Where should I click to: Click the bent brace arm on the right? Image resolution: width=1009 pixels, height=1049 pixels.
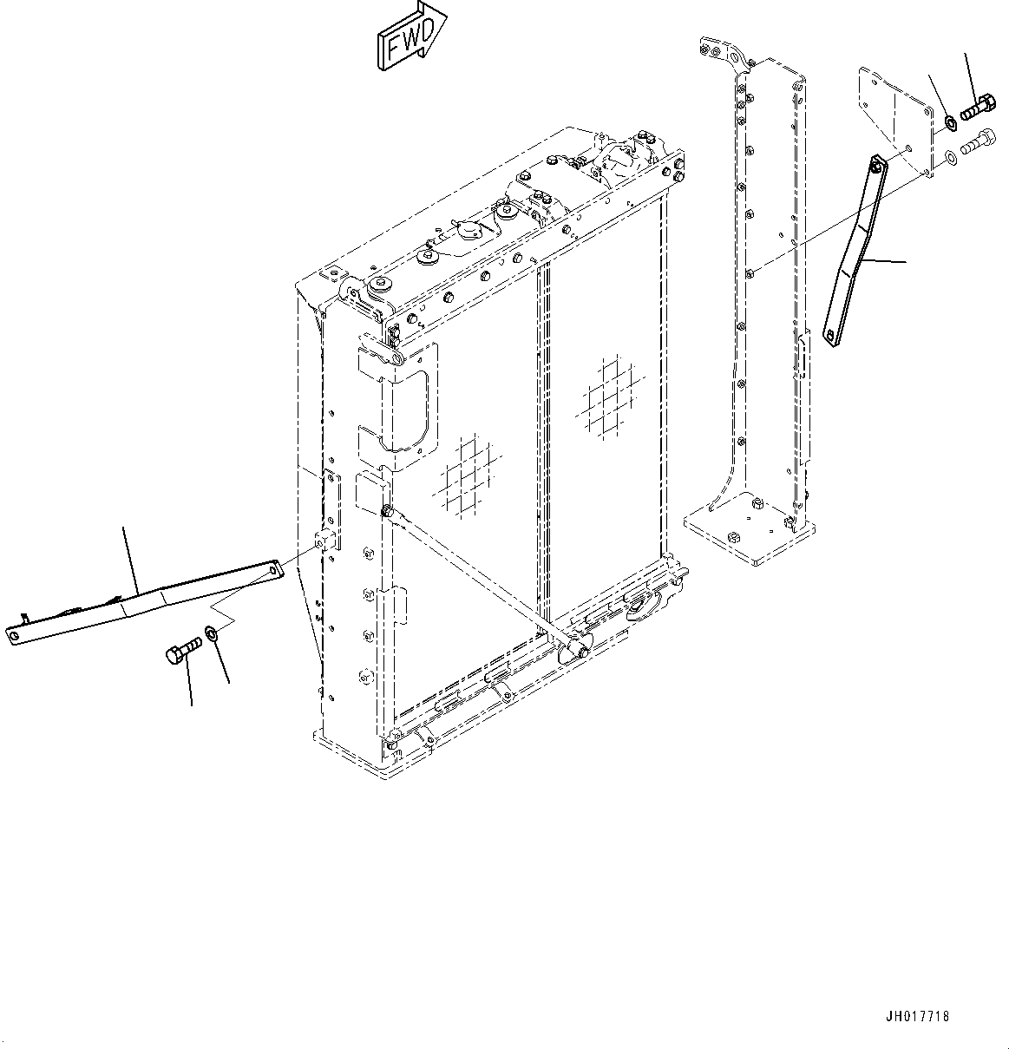855,252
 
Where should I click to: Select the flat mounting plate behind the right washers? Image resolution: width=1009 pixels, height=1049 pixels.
894,117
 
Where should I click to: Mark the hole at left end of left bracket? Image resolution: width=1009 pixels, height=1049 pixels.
14,636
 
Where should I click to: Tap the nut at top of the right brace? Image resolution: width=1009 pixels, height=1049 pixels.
877,164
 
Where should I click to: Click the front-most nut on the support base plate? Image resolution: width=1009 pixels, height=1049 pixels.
732,538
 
